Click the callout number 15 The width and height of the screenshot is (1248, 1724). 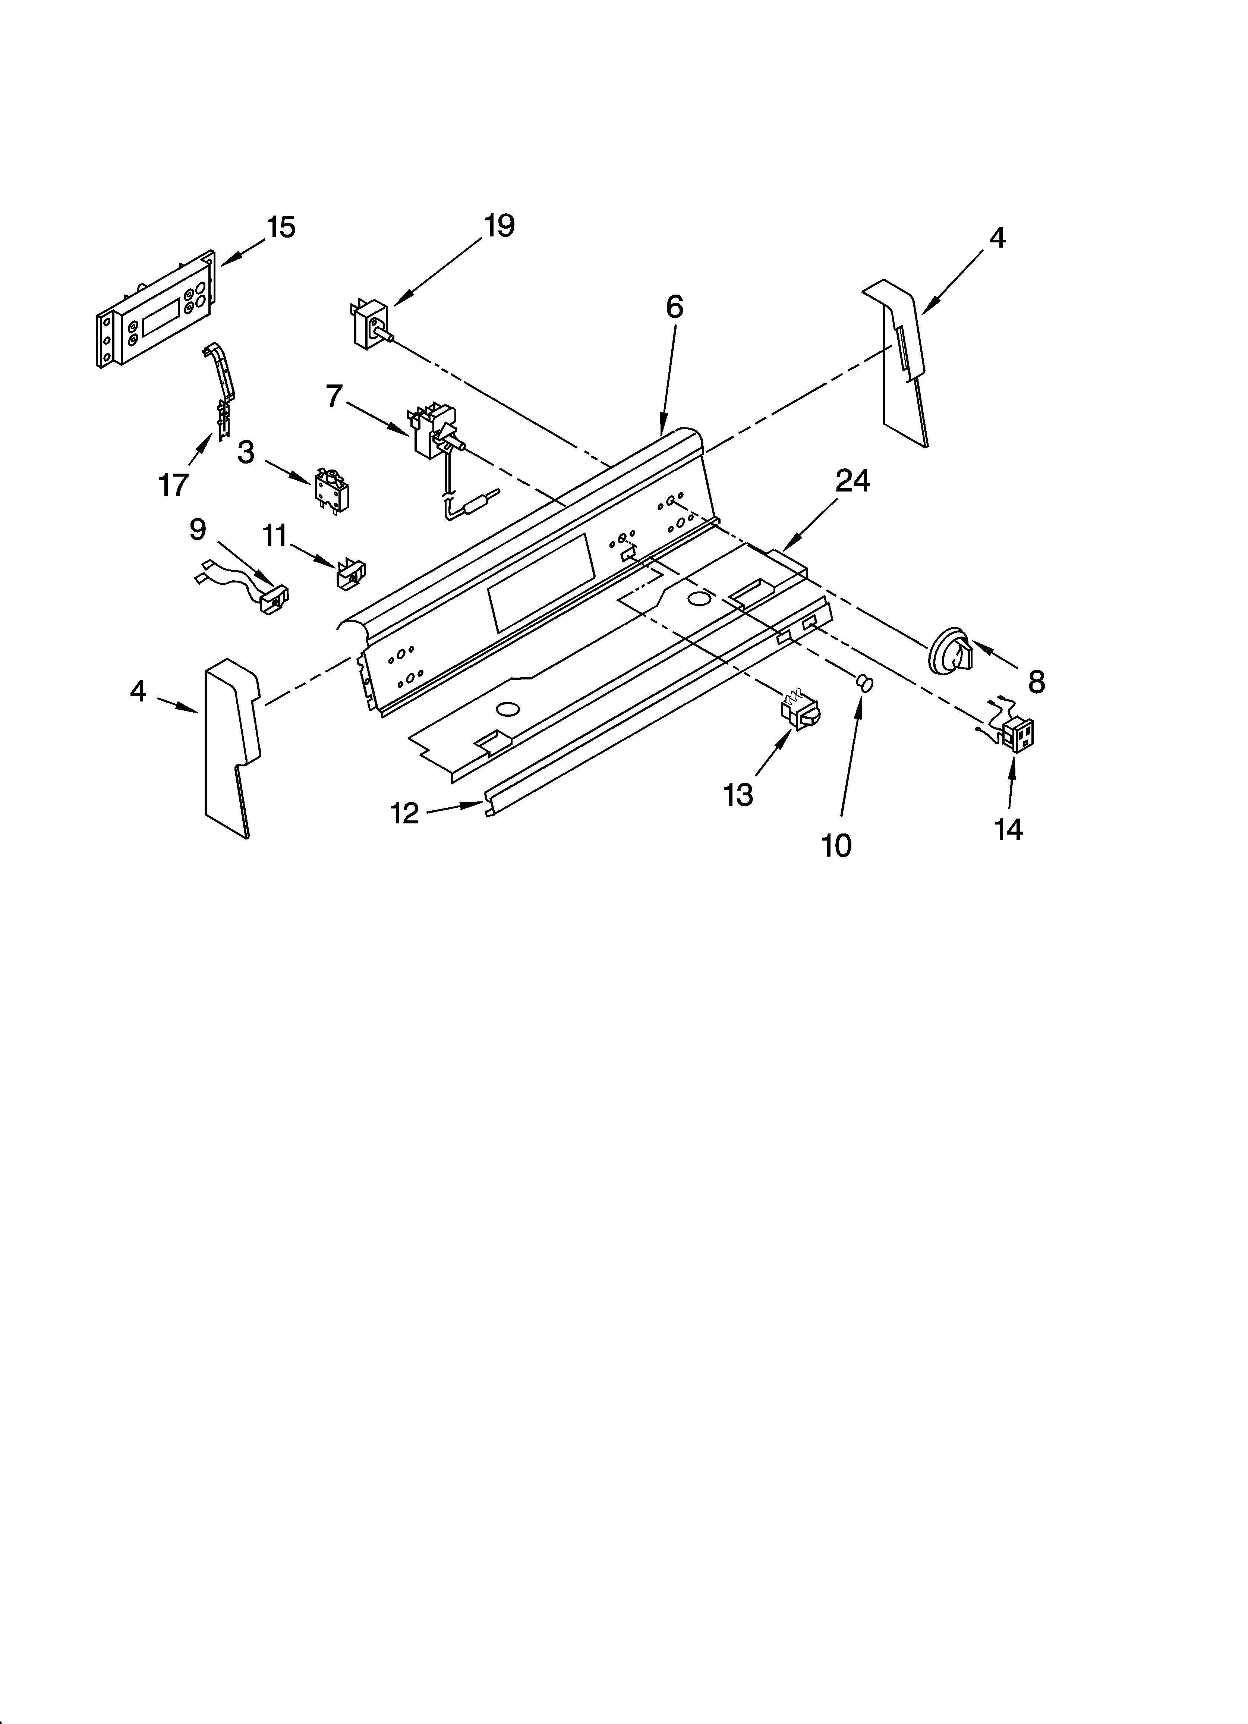pyautogui.click(x=281, y=227)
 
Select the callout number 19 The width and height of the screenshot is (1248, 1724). pyautogui.click(x=499, y=226)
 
